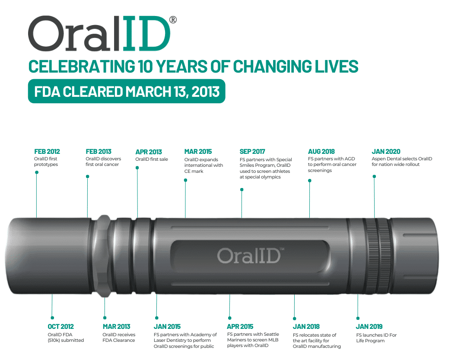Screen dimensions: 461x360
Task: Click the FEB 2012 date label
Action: [x=47, y=151]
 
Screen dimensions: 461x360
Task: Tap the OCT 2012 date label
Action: [x=60, y=326]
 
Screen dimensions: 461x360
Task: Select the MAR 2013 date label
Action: [x=116, y=326]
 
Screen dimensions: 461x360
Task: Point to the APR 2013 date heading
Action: [x=149, y=152]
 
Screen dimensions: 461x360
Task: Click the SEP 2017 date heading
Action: [x=252, y=151]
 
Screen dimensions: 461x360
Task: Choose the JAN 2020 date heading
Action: [x=386, y=151]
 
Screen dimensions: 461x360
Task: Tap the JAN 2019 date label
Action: [x=369, y=326]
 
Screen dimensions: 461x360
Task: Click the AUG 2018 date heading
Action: [x=321, y=151]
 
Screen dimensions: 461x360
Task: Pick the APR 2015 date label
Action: [x=240, y=326]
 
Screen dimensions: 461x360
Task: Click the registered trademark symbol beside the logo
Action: [x=173, y=20]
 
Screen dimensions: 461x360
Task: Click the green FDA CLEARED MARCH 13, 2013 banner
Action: [x=127, y=91]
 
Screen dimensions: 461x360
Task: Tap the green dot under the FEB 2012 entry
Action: [x=37, y=172]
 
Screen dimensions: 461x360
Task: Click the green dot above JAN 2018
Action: [x=294, y=319]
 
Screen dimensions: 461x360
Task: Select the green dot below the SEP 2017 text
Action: [x=242, y=190]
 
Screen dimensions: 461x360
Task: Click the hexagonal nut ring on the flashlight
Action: [x=104, y=256]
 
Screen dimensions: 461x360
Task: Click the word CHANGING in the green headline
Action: [x=272, y=66]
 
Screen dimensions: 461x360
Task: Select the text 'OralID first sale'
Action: [x=151, y=159]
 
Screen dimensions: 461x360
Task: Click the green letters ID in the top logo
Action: [x=146, y=34]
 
